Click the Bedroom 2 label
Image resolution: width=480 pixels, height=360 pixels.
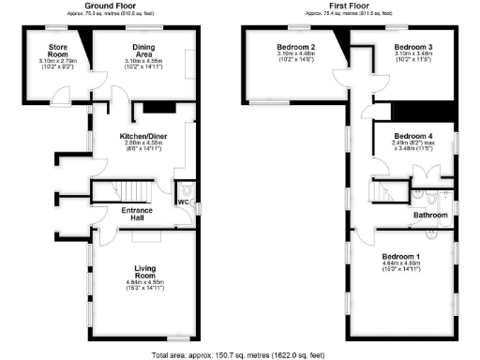[295, 47]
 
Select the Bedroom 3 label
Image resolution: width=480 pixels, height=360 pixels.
[412, 47]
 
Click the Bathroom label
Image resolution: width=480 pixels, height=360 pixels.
[432, 216]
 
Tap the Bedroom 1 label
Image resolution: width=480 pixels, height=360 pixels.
[401, 256]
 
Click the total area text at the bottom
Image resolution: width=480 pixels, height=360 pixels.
[240, 354]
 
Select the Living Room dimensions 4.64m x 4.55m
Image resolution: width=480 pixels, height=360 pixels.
[145, 285]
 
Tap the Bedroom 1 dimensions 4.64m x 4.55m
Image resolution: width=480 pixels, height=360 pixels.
[401, 267]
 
